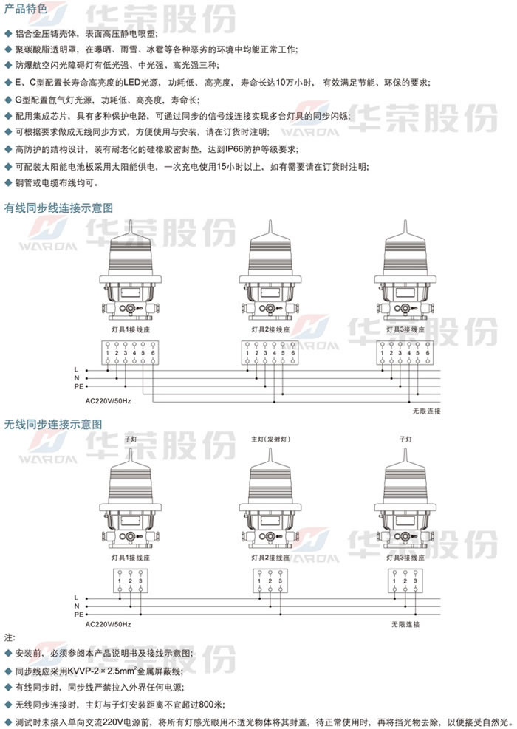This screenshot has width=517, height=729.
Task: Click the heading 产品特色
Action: pos(26,8)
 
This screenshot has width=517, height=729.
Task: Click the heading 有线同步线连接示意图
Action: pos(58,208)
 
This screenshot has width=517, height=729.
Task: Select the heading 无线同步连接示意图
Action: pos(53,424)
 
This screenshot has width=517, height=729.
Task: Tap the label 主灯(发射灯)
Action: pos(270,439)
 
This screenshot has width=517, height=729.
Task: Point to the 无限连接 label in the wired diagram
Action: pos(426,411)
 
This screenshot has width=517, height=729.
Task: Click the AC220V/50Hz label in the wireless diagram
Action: pos(108,624)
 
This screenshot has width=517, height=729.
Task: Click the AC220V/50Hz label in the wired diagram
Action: pos(108,401)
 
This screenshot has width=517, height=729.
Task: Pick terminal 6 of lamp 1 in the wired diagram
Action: pos(153,353)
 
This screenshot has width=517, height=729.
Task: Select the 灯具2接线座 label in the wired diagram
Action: pos(270,329)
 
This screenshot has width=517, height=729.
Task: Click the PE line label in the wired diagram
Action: pos(78,386)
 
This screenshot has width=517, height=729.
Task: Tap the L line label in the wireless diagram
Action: pos(76,598)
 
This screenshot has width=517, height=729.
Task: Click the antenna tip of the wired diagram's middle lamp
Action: pos(270,220)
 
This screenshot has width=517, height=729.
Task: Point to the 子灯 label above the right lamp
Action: pos(405,439)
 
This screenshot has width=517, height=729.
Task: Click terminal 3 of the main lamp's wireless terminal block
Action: pos(281,581)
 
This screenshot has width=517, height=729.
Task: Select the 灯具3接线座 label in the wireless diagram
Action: pos(405,558)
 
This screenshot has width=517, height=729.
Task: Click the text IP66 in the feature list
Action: pos(235,149)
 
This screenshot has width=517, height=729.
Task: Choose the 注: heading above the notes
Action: pos(10,637)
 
